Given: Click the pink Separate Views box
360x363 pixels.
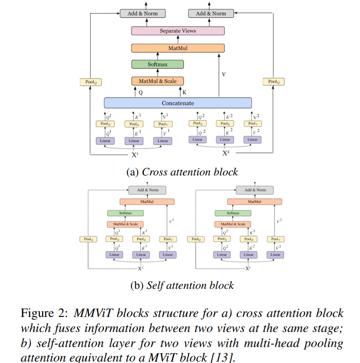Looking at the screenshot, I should (x=178, y=31).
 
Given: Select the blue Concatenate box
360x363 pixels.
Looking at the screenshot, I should (x=178, y=103).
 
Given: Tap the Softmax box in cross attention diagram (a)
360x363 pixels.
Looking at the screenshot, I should (x=157, y=64).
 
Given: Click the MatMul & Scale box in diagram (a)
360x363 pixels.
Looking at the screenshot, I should (x=157, y=81).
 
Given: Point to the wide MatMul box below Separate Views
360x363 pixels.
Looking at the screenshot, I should (x=178, y=48).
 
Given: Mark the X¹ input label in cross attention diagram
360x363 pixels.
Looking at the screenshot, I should (x=135, y=155).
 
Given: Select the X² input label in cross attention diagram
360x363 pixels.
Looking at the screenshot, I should (x=226, y=154).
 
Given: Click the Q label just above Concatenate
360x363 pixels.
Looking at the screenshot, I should (x=141, y=92).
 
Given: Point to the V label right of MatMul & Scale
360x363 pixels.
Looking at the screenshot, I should (x=224, y=74).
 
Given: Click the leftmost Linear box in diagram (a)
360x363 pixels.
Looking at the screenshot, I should (x=105, y=141).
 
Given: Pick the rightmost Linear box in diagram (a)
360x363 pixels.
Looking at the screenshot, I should (x=253, y=140).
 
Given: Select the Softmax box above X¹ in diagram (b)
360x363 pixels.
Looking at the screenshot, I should (x=126, y=213).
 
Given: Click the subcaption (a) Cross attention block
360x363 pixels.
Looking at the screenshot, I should (x=182, y=172).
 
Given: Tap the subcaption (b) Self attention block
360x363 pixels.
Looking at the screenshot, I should (x=182, y=285).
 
